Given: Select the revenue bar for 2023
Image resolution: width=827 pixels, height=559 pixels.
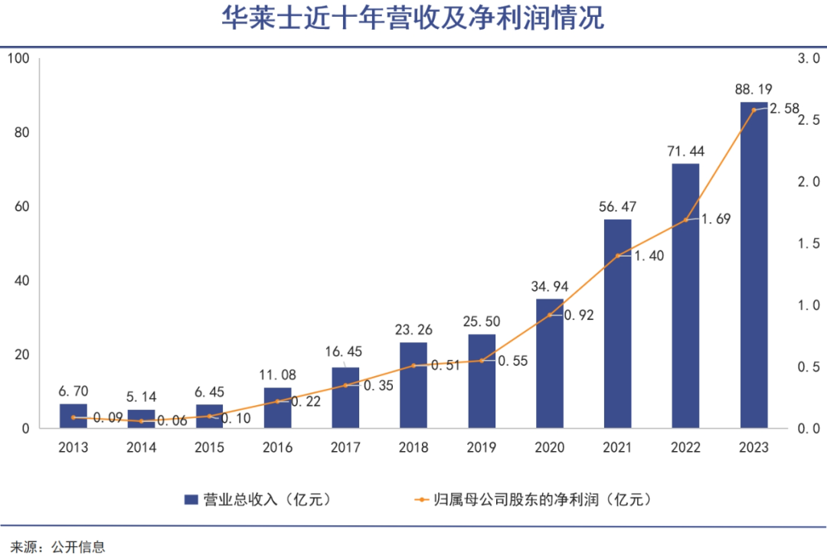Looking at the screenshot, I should click(x=753, y=268).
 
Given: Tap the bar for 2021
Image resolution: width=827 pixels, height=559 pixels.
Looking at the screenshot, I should click(x=617, y=325).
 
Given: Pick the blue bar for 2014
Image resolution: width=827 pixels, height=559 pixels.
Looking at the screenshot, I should click(x=141, y=420).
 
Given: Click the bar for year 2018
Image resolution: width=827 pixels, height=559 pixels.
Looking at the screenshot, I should click(x=413, y=387).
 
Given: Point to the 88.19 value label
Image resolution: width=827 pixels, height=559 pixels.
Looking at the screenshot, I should click(x=753, y=90).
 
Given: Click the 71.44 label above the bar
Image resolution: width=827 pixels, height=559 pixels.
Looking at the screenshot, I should click(x=685, y=151).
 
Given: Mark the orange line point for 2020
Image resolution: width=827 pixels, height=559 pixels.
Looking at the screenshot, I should click(x=550, y=315).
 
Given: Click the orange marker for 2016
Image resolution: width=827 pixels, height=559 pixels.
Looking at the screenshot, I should click(x=277, y=401).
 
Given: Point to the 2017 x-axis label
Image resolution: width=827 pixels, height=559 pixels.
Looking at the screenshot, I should click(x=345, y=448).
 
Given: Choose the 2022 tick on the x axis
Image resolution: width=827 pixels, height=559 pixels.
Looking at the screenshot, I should click(x=685, y=448).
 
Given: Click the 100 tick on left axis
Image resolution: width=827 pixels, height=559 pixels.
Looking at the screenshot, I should click(x=18, y=58).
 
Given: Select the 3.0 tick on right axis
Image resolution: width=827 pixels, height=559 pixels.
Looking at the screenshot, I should click(x=808, y=58).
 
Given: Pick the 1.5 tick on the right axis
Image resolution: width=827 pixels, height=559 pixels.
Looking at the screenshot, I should click(x=808, y=244).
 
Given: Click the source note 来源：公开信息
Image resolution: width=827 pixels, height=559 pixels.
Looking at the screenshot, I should click(x=57, y=547).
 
